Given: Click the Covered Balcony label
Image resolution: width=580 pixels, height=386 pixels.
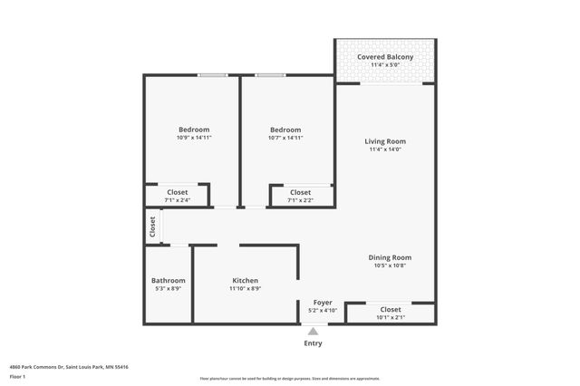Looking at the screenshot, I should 385,57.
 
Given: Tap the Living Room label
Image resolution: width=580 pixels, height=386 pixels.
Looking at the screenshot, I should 385,141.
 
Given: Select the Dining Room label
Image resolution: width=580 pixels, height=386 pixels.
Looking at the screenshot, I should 390,257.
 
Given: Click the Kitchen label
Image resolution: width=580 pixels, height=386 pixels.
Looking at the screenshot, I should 246,281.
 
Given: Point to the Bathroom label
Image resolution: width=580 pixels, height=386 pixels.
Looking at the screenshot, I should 169,281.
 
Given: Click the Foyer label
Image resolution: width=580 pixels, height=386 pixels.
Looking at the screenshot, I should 323,302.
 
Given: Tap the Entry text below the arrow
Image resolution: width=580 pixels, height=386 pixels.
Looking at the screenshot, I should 313,343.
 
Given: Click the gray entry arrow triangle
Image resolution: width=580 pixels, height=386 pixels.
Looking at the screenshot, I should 313,332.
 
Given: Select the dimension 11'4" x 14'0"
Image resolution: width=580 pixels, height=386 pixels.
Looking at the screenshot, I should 385,150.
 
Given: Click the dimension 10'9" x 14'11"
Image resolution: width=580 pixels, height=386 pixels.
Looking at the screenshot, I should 194,138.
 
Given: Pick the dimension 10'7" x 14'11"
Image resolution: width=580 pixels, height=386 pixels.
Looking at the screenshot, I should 285,138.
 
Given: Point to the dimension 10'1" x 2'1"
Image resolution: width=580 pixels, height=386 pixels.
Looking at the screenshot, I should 391,317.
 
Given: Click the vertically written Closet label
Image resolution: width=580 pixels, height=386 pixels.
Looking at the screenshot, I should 153,227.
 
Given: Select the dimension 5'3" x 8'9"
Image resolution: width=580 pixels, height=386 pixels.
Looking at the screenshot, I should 169,289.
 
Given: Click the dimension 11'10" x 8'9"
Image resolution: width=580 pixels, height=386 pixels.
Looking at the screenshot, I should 246,289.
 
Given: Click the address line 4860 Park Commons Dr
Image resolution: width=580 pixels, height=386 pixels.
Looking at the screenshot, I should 69,367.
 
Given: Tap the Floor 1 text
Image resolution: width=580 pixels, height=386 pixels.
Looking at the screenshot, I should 17,376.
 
